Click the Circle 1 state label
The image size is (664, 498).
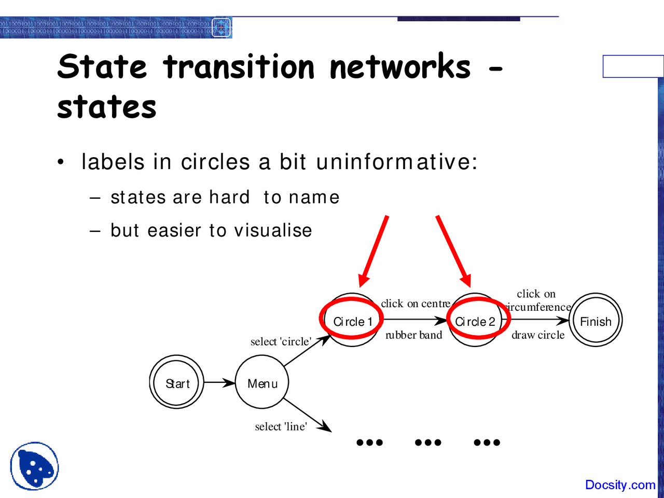coord(353,322)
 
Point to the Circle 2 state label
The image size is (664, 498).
coord(475,322)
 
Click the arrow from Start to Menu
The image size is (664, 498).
coord(219,383)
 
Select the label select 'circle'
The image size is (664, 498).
coord(281,341)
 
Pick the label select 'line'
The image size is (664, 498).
coord(281,426)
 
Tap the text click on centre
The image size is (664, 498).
coord(416,303)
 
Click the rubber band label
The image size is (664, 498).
coord(414,335)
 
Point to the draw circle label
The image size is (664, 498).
coord(538,335)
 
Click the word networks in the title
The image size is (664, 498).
coord(400,67)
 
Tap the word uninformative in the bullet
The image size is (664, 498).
coord(396,162)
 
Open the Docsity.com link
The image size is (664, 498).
coord(620,485)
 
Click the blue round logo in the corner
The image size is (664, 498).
coord(34,466)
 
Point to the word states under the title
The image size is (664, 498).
coord(106,107)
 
